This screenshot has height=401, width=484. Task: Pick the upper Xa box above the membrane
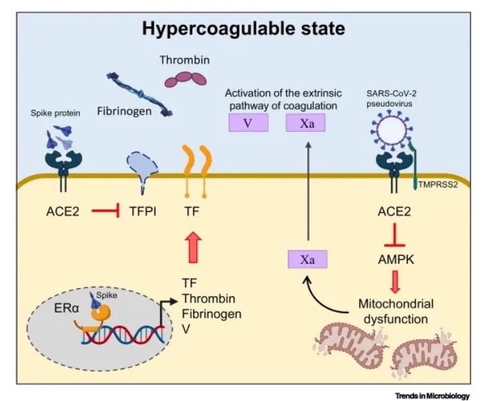point(305,123)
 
